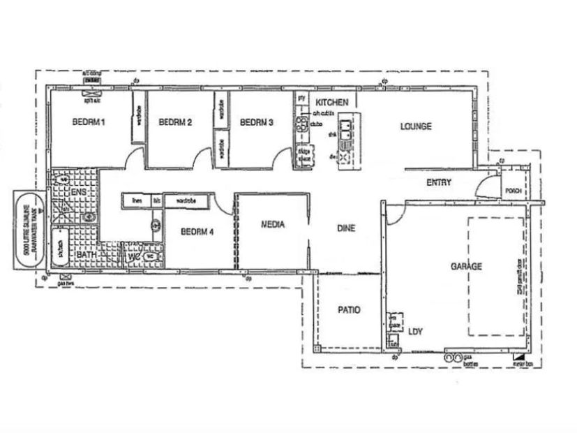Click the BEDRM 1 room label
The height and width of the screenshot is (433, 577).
tap(88, 122)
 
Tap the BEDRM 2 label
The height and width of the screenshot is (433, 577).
tap(175, 122)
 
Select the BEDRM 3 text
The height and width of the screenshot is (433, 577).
tap(256, 122)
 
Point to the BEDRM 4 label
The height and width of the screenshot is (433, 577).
tap(197, 233)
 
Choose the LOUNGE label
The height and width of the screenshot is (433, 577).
tap(416, 126)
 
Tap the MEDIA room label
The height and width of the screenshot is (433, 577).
tap(271, 225)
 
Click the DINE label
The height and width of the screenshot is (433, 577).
tap(347, 228)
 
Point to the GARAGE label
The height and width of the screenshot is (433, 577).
tap(467, 266)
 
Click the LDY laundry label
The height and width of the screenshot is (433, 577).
tap(415, 332)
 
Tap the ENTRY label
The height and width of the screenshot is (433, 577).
tap(439, 182)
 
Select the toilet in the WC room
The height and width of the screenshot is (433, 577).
tap(151, 256)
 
